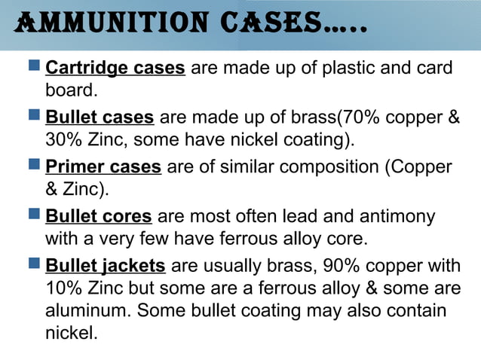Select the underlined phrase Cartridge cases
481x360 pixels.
115,69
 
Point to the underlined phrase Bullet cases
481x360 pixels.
100,117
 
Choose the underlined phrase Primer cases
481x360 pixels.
103,166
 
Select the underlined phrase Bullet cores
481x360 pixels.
100,217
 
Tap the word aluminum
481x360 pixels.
86,310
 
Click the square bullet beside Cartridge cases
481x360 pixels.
35,67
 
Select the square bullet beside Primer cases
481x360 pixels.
35,165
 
